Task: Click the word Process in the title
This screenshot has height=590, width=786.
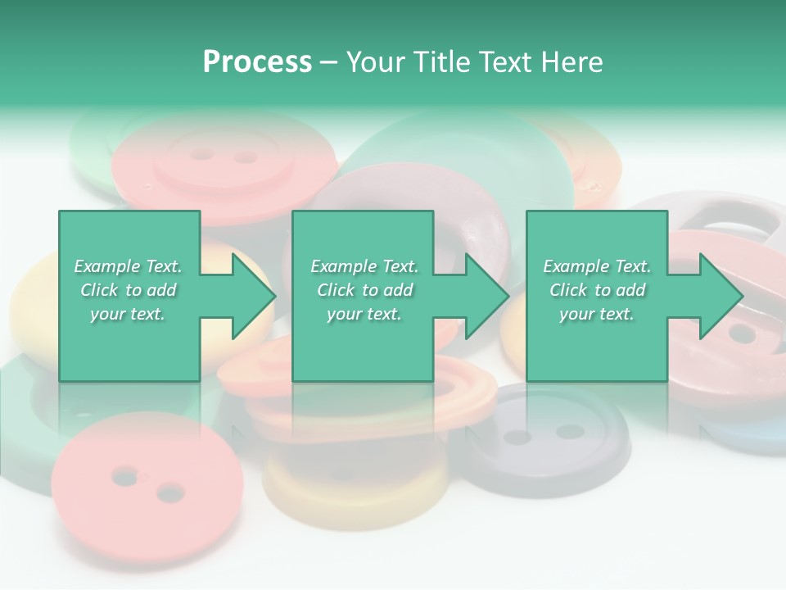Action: pyautogui.click(x=257, y=62)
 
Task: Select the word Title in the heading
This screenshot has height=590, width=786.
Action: pyautogui.click(x=441, y=62)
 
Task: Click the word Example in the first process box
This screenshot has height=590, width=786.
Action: pyautogui.click(x=106, y=266)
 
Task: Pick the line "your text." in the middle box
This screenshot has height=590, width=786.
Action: pyautogui.click(x=364, y=314)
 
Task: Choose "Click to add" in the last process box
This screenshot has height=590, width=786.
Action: pyautogui.click(x=598, y=290)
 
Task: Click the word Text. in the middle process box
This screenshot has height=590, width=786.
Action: pyautogui.click(x=398, y=266)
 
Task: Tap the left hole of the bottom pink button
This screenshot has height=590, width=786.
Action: pyautogui.click(x=124, y=474)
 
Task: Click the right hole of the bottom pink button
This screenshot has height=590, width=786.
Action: pyautogui.click(x=169, y=492)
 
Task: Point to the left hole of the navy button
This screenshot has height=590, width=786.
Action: pyautogui.click(x=516, y=437)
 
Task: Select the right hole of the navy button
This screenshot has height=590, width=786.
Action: pyautogui.click(x=569, y=431)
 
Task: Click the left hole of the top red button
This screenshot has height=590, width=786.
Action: pyautogui.click(x=200, y=153)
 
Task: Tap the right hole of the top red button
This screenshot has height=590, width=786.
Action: pyautogui.click(x=244, y=156)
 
